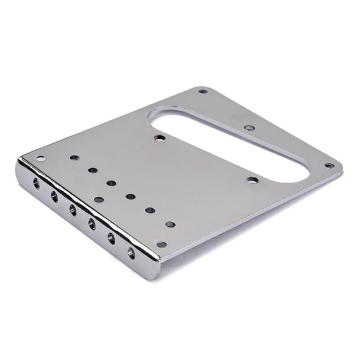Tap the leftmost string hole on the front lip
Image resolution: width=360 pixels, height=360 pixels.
[36, 183]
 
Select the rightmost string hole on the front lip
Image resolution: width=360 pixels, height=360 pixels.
[131, 253]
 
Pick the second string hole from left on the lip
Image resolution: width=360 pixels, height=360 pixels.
[54, 196]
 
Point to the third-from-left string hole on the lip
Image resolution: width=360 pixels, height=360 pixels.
[73, 209]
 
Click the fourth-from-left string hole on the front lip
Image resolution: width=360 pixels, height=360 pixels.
[92, 223]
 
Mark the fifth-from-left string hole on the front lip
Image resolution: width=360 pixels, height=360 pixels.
[111, 237]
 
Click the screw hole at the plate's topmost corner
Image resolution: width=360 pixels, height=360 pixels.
[202, 91]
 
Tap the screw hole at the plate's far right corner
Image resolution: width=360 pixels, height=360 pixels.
[329, 166]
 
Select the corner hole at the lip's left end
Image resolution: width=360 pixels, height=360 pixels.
[41, 159]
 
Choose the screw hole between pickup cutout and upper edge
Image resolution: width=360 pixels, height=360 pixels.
[249, 127]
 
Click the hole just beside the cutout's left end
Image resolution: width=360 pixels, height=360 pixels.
[160, 137]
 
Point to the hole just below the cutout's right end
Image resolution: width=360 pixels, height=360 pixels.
[252, 180]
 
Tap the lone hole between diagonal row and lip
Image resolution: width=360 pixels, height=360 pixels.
[99, 200]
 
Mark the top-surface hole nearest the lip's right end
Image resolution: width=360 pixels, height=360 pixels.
[161, 244]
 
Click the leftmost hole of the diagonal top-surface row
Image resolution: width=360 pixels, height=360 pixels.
[74, 157]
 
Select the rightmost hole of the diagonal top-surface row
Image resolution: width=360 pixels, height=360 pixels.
[170, 224]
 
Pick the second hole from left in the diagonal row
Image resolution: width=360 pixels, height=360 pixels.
[92, 169]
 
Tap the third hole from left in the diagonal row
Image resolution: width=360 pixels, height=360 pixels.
[111, 183]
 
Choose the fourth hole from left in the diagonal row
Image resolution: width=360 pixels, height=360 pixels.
[131, 196]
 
